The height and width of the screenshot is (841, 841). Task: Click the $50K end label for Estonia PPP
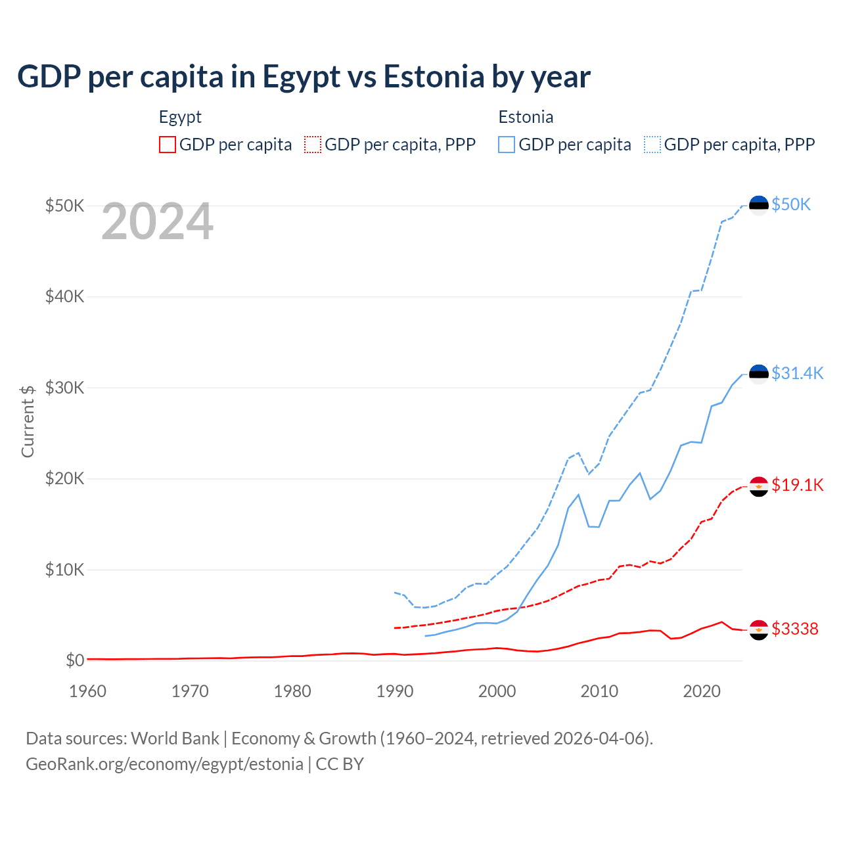click(791, 204)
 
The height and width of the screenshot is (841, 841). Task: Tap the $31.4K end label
click(797, 373)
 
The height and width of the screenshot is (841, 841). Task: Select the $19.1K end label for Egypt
click(797, 485)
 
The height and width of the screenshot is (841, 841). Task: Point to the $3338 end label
click(795, 629)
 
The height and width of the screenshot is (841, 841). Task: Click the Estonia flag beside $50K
click(759, 205)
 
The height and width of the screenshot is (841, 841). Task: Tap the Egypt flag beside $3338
click(759, 629)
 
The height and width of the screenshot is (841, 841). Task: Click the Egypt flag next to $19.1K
click(759, 486)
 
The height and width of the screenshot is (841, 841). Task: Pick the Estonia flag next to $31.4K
click(759, 374)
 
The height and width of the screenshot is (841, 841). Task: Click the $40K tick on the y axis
click(64, 296)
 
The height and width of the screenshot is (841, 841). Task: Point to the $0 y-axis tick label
click(75, 660)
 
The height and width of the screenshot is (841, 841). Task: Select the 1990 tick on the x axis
click(395, 691)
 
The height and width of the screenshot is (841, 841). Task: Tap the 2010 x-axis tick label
click(599, 691)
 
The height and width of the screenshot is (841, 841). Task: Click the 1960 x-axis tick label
click(88, 691)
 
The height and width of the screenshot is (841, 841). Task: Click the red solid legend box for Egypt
click(168, 145)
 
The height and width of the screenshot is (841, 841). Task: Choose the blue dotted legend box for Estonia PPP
click(652, 145)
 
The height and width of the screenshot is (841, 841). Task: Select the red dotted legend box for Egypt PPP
click(313, 145)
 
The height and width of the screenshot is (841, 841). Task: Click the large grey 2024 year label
click(157, 222)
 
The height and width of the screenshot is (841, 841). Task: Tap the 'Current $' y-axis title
click(28, 421)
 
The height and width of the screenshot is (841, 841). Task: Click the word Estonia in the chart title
click(434, 77)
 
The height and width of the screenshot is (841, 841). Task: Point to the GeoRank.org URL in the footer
click(164, 764)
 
